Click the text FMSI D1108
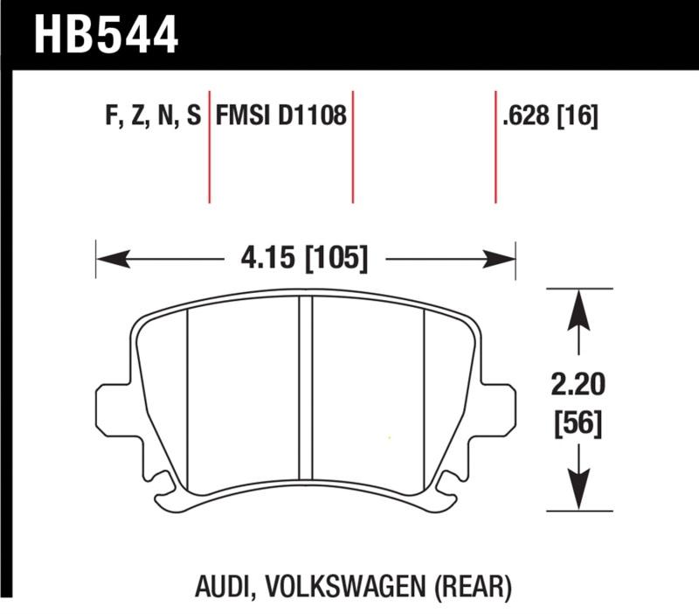(x=280, y=116)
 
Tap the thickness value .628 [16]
(x=550, y=116)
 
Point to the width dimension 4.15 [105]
(x=305, y=259)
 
